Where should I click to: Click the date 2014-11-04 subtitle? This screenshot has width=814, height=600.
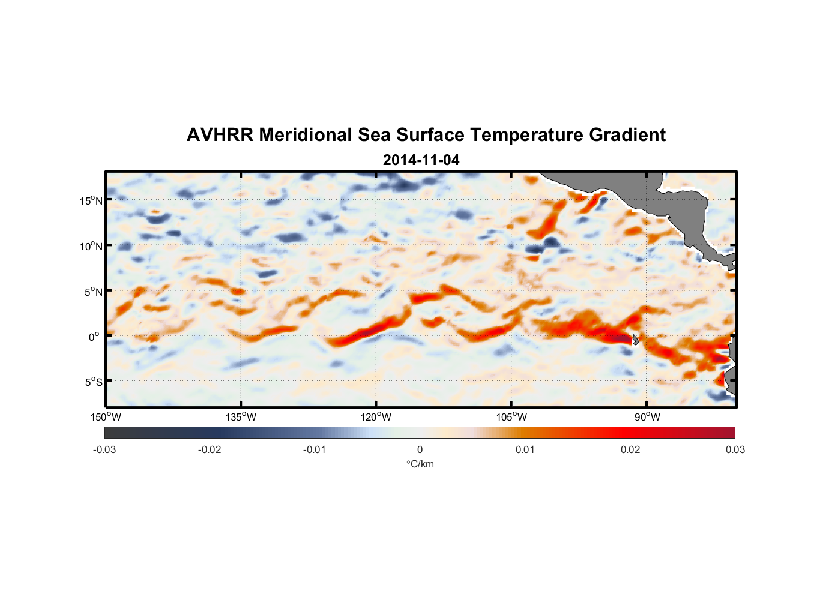(421, 160)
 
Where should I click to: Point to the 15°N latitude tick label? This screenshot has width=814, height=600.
(91, 200)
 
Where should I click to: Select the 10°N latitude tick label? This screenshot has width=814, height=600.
(91, 246)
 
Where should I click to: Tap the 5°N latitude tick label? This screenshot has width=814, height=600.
(92, 292)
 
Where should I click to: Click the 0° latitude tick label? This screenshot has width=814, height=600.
(94, 337)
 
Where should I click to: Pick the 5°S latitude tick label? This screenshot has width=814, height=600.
(92, 382)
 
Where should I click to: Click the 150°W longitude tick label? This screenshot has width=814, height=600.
(106, 417)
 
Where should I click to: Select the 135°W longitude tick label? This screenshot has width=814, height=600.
(241, 417)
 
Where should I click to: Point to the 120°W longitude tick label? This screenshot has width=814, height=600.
(376, 417)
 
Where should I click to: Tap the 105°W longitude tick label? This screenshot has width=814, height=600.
(511, 417)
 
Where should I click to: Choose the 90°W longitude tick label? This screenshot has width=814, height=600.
(647, 417)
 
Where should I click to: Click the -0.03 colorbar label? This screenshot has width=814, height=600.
(104, 449)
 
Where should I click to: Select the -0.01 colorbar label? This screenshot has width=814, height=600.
(315, 449)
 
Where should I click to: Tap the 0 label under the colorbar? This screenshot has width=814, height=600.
(420, 449)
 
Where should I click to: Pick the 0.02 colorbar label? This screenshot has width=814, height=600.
(630, 449)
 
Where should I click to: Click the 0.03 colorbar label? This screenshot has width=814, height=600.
(735, 449)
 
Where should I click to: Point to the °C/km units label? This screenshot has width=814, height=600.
(420, 464)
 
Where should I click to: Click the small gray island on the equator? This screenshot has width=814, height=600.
(636, 340)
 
